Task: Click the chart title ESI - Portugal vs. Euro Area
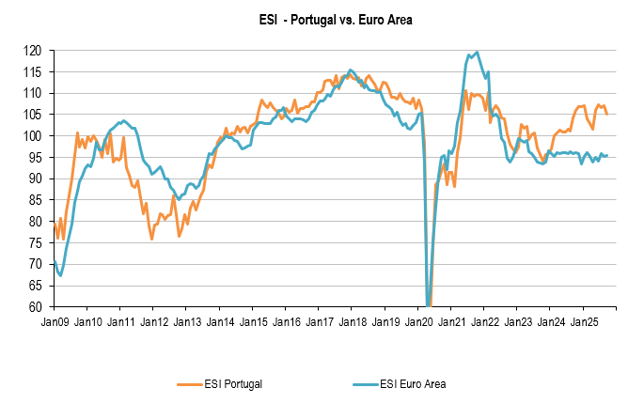[x=322, y=19]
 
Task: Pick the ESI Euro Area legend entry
[x=413, y=383]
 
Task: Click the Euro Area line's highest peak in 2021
[x=477, y=53]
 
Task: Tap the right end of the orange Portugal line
[x=607, y=114]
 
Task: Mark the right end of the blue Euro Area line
[x=607, y=155]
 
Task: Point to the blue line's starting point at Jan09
[x=55, y=260]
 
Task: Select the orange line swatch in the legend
[x=192, y=383]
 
